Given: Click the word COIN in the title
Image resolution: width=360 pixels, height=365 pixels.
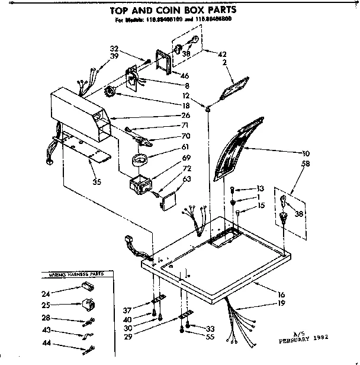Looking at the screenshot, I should coord(187,10).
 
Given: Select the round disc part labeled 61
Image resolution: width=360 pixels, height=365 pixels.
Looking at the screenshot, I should coord(140,159).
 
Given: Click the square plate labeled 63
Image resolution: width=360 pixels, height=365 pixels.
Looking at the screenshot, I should coord(168,201).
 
